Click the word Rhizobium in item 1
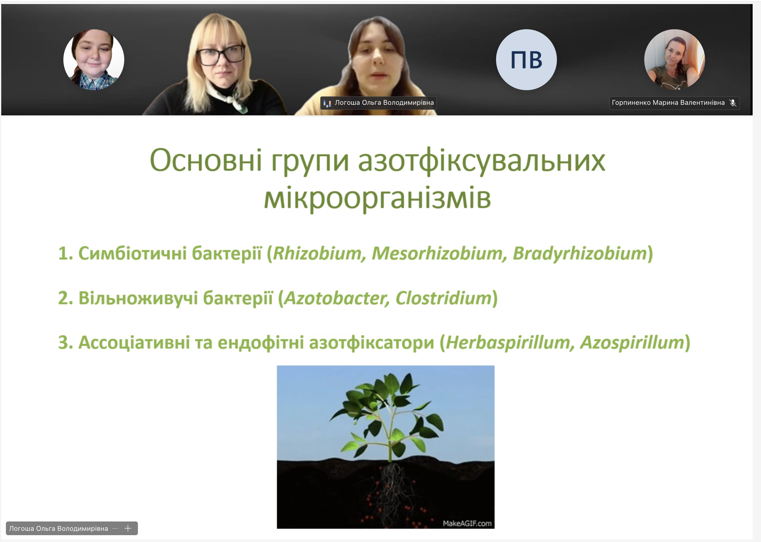point(317,253)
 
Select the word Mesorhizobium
point(437,253)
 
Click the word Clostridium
point(443,298)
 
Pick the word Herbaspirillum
point(507,343)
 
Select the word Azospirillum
point(632,343)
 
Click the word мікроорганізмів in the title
point(377,198)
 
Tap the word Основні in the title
point(206,160)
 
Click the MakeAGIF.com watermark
point(467,523)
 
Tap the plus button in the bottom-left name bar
point(128,528)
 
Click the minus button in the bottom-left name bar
point(115,528)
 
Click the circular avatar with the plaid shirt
point(94,60)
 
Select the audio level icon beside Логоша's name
point(327,103)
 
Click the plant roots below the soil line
point(393,491)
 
